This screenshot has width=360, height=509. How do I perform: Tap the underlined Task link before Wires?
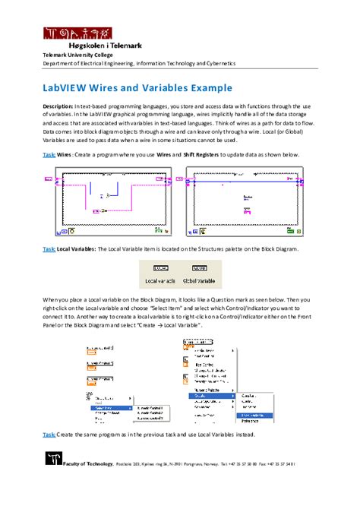tap(48, 154)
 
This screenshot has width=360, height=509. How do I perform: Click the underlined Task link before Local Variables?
tap(48, 248)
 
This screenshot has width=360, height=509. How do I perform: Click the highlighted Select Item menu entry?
tap(106, 407)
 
